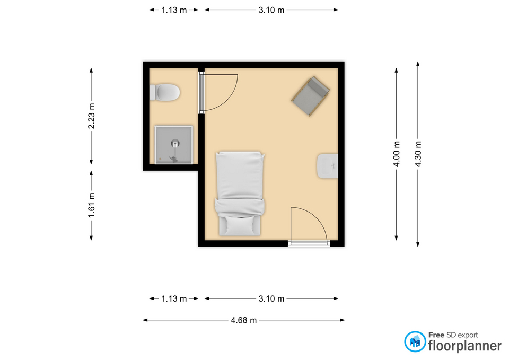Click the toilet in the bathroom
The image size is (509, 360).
pyautogui.click(x=164, y=92)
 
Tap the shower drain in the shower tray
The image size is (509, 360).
pyautogui.click(x=175, y=142)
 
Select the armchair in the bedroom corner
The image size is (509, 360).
pyautogui.click(x=311, y=96)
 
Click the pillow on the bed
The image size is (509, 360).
pyautogui.click(x=240, y=226)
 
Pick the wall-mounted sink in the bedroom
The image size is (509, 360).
pyautogui.click(x=328, y=166)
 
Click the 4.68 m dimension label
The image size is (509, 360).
pyautogui.click(x=244, y=320)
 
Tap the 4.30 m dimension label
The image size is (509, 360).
pyautogui.click(x=418, y=154)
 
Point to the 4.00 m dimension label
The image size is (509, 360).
pyautogui.click(x=397, y=154)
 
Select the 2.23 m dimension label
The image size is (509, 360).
pyautogui.click(x=91, y=116)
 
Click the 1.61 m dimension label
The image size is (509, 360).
pyautogui.click(x=91, y=206)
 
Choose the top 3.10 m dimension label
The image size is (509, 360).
pyautogui.click(x=271, y=10)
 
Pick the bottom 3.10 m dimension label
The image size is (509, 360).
pyautogui.click(x=271, y=298)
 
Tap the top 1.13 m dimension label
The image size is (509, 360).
pyautogui.click(x=174, y=10)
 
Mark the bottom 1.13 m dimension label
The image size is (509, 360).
pyautogui.click(x=174, y=298)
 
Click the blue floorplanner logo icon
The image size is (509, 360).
pyautogui.click(x=415, y=341)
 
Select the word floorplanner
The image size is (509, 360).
pyautogui.click(x=465, y=346)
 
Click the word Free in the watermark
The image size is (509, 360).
pyautogui.click(x=436, y=335)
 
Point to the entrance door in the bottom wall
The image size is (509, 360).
pyautogui.click(x=309, y=243)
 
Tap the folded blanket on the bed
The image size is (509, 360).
pyautogui.click(x=240, y=207)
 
